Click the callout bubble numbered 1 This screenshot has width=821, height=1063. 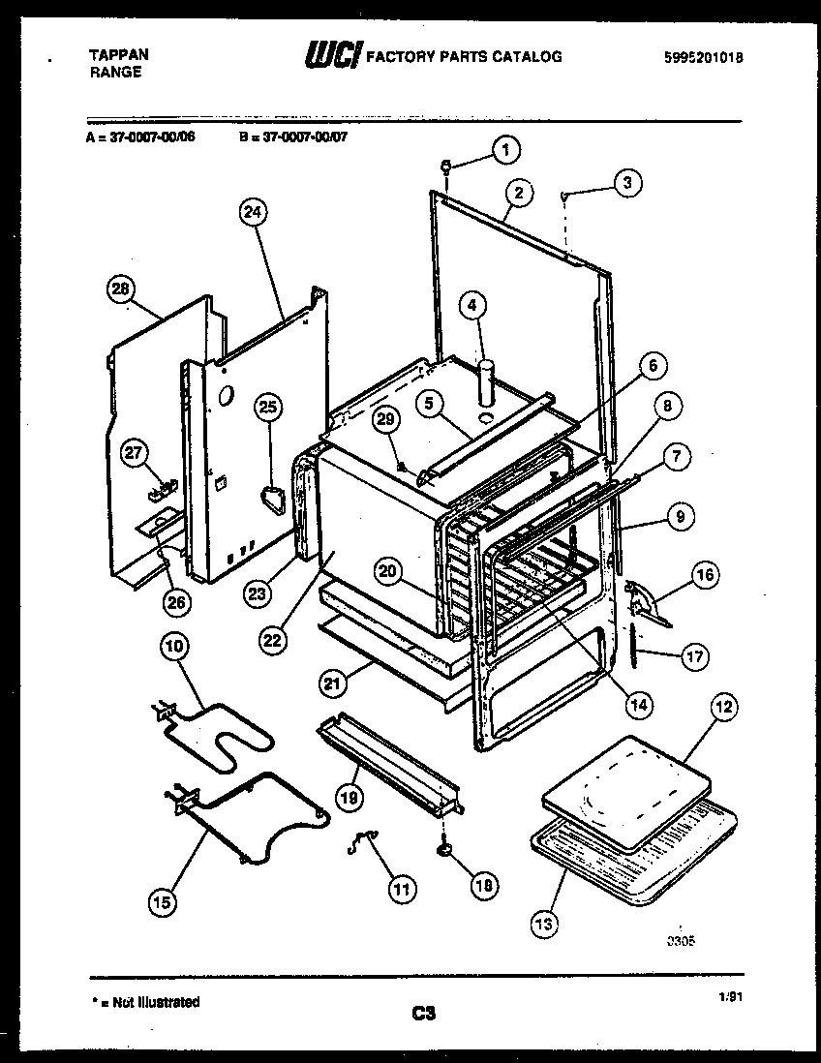(x=503, y=150)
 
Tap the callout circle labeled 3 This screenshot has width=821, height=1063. (x=627, y=182)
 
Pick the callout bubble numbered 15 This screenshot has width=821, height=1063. (x=163, y=902)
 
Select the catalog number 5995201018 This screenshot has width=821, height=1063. (x=704, y=57)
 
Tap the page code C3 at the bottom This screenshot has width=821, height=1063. (x=423, y=1014)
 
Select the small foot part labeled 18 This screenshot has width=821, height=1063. (x=443, y=849)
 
